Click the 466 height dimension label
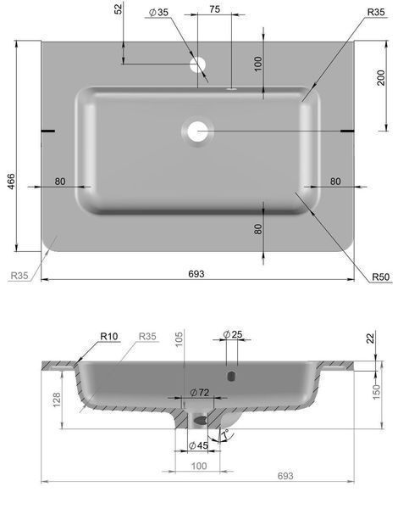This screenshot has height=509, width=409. pyautogui.click(x=11, y=182)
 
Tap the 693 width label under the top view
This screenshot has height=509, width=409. pyautogui.click(x=196, y=274)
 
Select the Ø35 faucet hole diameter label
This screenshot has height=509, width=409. pyautogui.click(x=159, y=12)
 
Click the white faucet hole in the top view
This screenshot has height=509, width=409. pyautogui.click(x=197, y=64)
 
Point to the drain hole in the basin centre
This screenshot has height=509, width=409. pyautogui.click(x=197, y=131)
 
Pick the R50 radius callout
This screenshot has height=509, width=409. pyautogui.click(x=380, y=277)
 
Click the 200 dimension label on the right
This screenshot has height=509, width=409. pyautogui.click(x=381, y=77)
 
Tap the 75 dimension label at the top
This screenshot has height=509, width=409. pyautogui.click(x=214, y=9)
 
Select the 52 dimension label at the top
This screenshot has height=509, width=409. pyautogui.click(x=119, y=8)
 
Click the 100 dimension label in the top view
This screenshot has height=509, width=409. pyautogui.click(x=258, y=64)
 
